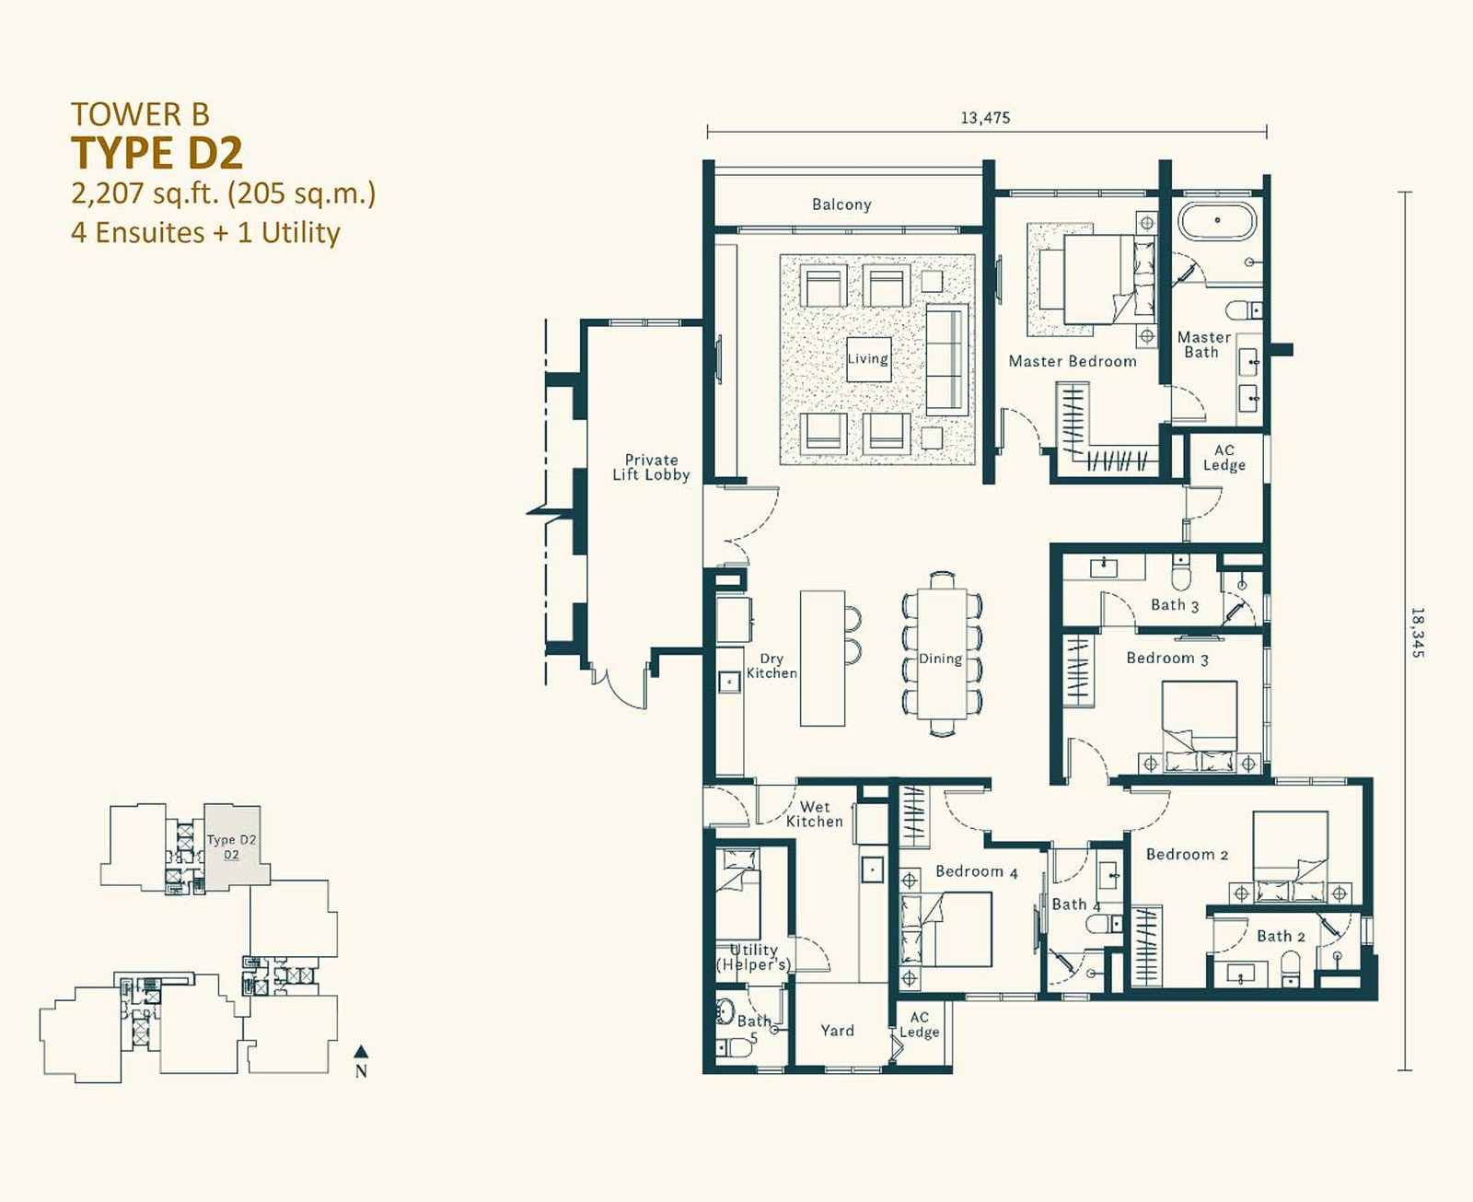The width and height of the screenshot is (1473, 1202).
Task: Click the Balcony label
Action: (841, 204)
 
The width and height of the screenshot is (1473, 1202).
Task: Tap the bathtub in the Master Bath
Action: (1217, 221)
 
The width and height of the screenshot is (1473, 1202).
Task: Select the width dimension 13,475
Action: (985, 117)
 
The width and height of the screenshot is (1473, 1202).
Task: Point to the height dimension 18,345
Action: (1418, 633)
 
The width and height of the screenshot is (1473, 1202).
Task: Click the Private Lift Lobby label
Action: (651, 468)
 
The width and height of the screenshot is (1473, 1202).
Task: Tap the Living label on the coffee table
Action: (868, 358)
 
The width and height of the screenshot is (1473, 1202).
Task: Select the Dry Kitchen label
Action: (771, 666)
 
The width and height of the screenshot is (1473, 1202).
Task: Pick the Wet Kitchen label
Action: (815, 815)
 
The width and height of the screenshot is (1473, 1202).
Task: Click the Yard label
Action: (838, 1030)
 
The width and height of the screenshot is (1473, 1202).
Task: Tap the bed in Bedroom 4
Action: (948, 929)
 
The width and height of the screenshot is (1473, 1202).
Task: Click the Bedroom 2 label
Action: (1187, 855)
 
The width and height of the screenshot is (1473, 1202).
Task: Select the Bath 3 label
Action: (1175, 605)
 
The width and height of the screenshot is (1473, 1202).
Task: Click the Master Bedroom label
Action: (1073, 361)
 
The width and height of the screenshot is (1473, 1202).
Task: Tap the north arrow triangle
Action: (360, 1051)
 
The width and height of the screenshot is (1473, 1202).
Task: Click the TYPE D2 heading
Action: (157, 154)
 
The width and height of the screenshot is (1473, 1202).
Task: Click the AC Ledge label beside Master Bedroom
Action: (1224, 458)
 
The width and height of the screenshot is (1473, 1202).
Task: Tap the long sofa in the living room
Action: (947, 359)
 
